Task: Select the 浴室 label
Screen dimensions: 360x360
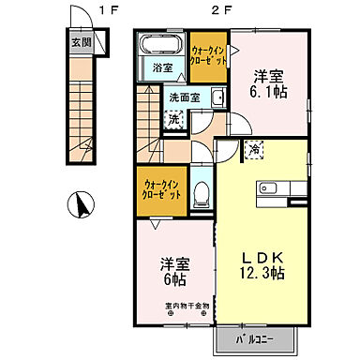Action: [x=158, y=67]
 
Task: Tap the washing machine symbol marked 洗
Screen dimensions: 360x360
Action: [x=174, y=119]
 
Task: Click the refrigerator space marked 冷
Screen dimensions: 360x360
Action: [x=254, y=148]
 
